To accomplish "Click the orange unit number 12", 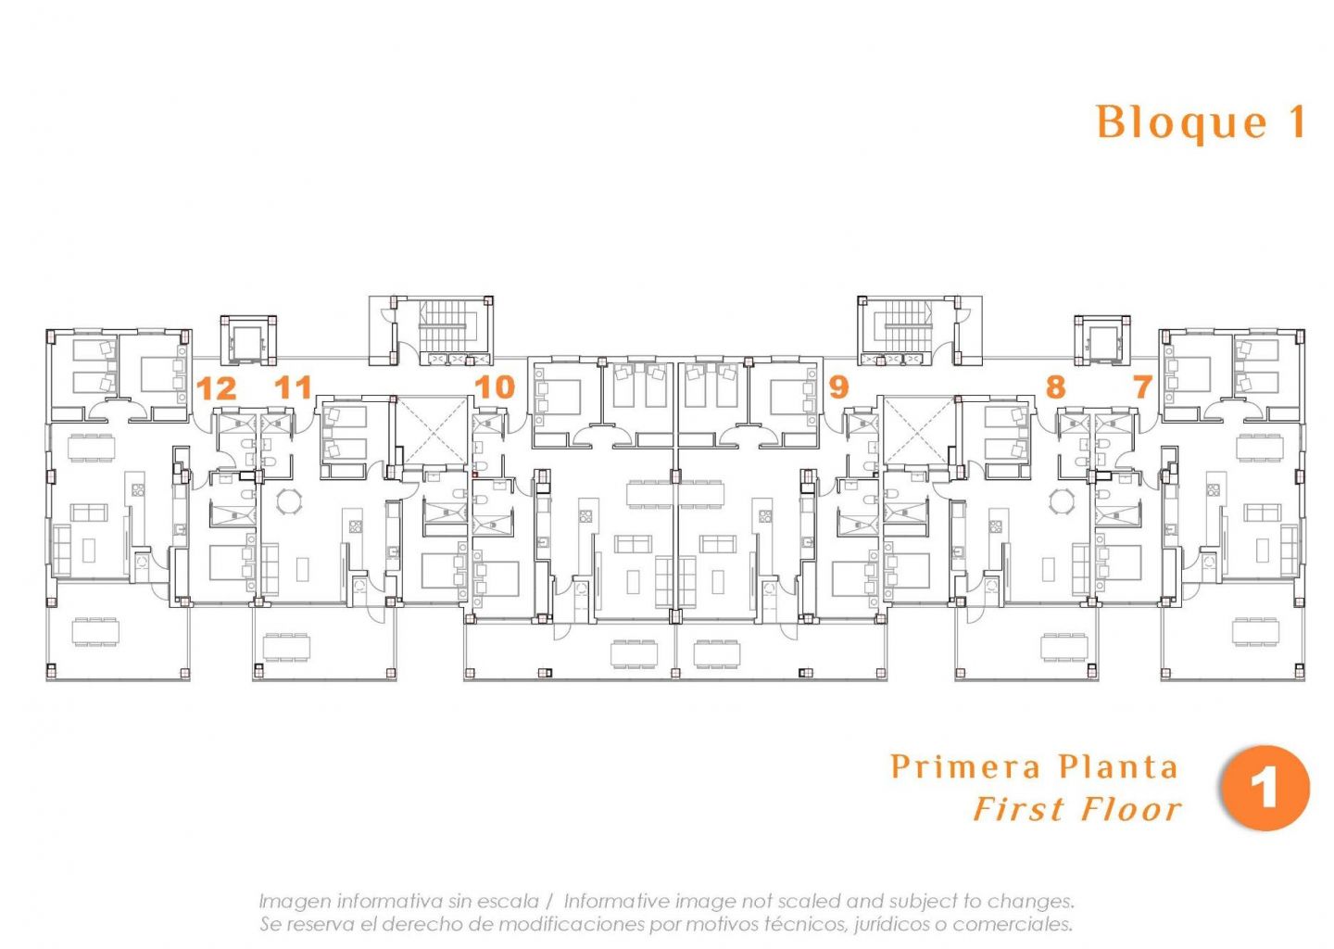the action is tap(216, 388).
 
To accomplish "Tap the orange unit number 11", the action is tap(293, 387).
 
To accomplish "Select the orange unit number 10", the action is tap(495, 387).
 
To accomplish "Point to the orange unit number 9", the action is tap(838, 387).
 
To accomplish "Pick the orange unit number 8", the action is tap(1055, 387).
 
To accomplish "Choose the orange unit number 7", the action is tap(1142, 387).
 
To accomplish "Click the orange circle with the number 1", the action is tap(1265, 788).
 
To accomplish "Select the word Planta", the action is tap(1119, 766).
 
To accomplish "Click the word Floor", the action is tap(1130, 809).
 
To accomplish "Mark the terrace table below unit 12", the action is tap(95, 632).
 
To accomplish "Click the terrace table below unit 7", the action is tap(1255, 632).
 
